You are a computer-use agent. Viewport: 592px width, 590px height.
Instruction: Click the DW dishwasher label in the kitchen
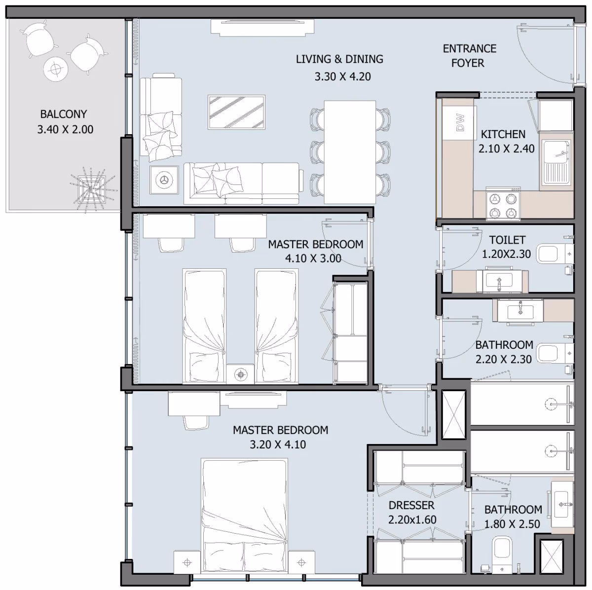pos(460,123)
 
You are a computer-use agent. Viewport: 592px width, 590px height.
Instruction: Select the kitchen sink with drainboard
pos(556,163)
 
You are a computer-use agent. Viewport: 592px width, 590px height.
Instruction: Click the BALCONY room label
pos(64,114)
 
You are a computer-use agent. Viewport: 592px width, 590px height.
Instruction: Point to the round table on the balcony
pos(56,69)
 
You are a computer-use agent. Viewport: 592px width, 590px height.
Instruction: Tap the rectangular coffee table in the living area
pos(236,112)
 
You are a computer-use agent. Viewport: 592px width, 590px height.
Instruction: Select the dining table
pos(350,152)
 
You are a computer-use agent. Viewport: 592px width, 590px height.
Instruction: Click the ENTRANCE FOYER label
pos(469,56)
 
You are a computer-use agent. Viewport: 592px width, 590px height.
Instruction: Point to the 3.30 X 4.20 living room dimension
pos(342,76)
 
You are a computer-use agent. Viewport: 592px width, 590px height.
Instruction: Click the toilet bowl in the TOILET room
pos(555,254)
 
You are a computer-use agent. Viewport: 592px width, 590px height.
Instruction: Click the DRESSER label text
pos(411,505)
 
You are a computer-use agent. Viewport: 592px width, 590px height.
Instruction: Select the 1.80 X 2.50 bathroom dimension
pos(512,524)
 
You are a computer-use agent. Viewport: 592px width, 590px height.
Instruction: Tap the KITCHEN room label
pos(503,134)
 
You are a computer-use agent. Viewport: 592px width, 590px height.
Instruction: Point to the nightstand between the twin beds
pos(240,374)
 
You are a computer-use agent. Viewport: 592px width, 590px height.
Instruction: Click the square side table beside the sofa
pos(164,180)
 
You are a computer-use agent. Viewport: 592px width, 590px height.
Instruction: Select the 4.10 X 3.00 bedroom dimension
pos(313,258)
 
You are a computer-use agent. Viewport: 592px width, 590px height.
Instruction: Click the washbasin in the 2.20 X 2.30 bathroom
pos(520,312)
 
